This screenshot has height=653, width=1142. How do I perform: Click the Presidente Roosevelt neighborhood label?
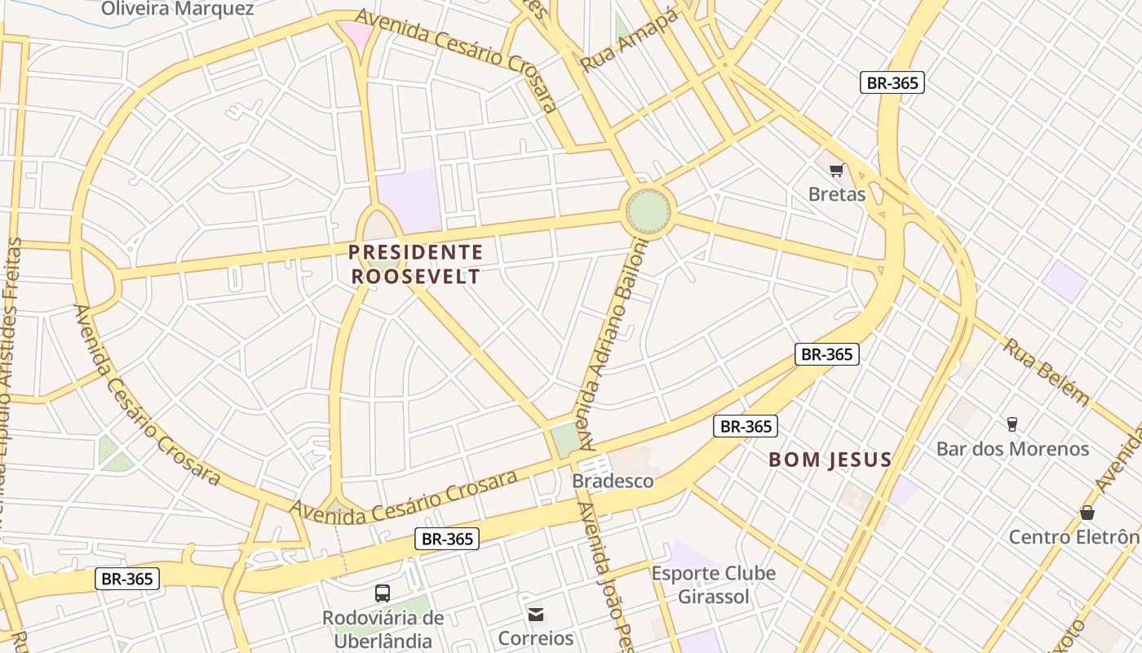416,264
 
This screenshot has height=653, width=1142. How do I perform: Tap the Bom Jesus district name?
830,460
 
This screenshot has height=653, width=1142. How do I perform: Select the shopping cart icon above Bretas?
836,171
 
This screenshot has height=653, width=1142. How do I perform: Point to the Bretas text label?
836,194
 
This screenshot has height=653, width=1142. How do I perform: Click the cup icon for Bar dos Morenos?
1011,424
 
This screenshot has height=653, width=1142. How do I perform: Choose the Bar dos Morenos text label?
1011,449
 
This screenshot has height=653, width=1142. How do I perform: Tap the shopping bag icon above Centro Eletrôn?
1087,513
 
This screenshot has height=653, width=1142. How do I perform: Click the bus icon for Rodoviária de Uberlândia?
382,593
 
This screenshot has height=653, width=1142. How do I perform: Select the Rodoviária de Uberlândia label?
383,627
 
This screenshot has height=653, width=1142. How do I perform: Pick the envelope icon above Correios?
535,614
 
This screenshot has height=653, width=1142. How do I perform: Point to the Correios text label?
535,637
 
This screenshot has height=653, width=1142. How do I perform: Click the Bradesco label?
613,481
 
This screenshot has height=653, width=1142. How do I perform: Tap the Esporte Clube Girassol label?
713,584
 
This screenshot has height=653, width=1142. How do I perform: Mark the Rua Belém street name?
1046,371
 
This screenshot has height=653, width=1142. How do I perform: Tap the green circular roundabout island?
648,211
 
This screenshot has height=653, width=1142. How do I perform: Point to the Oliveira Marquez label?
178,9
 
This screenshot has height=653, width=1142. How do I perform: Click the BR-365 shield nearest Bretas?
892,82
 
